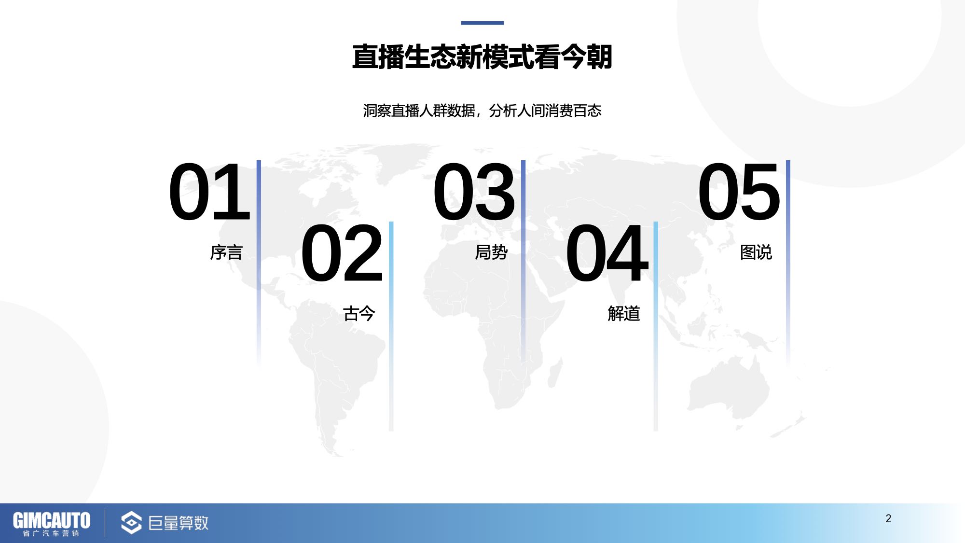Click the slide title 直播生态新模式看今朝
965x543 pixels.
coord(482,57)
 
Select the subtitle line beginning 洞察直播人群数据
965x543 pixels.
coord(482,111)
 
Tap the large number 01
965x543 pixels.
coord(210,192)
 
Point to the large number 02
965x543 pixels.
coord(342,253)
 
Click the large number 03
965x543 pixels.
coord(474,192)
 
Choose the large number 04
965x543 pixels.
coord(607,253)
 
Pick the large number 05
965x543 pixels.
coord(739,192)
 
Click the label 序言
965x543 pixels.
coord(226,252)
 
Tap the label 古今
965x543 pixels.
coord(359,314)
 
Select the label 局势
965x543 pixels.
coord(491,252)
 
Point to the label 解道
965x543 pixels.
coord(624,314)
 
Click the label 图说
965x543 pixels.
coord(756,252)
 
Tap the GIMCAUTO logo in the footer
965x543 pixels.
coord(52,523)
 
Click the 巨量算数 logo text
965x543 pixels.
coord(179,523)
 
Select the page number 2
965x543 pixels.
coord(888,518)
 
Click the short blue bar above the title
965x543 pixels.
coord(482,23)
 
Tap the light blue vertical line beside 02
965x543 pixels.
coord(391,326)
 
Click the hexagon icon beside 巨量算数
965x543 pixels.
coord(131,523)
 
